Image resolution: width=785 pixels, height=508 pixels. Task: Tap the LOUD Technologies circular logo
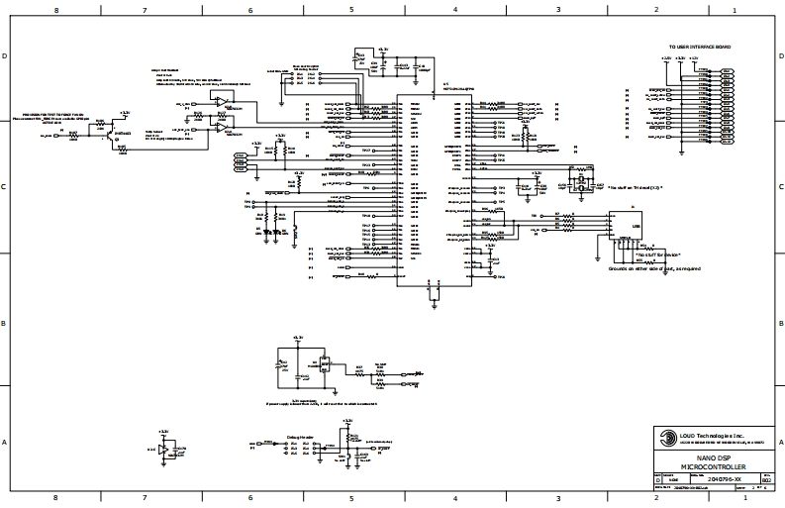658,437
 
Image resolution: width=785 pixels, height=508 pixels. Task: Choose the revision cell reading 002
766,479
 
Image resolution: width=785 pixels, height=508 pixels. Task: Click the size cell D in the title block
657,479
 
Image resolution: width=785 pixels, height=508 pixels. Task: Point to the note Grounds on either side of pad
647,267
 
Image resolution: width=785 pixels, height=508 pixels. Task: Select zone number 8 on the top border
55,10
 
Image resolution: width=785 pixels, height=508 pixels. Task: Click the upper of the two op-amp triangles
219,102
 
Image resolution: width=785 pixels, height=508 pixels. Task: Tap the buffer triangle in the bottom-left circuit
163,450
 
